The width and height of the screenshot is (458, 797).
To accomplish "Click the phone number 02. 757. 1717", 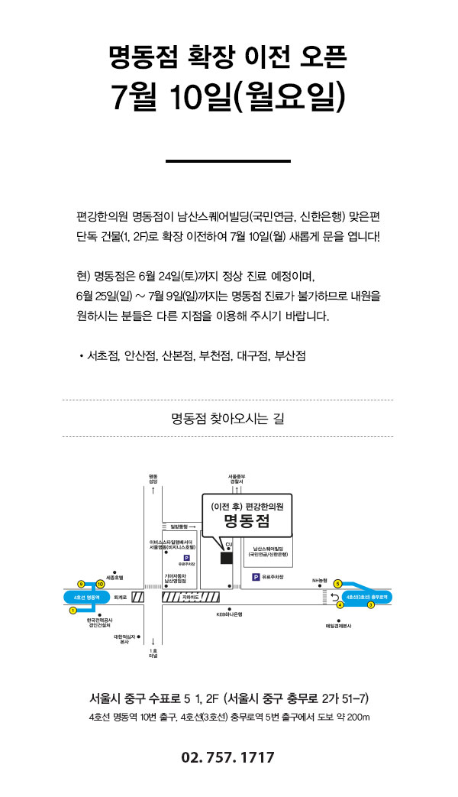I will click(x=227, y=758).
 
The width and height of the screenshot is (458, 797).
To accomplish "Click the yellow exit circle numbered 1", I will click(x=73, y=610).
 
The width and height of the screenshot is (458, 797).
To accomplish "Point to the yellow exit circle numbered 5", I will click(x=338, y=584).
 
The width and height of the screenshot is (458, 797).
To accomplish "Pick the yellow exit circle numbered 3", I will click(x=371, y=604).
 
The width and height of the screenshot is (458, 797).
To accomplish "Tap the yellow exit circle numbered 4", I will click(x=340, y=604).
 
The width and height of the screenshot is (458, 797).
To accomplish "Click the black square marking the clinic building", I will click(x=227, y=557).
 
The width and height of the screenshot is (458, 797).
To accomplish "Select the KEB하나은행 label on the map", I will click(x=229, y=614).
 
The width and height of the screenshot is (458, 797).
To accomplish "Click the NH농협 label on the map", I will click(x=319, y=581).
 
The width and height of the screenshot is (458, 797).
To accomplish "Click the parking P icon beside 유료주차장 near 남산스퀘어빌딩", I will click(x=256, y=577).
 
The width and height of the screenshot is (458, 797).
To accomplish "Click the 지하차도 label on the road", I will click(x=191, y=595).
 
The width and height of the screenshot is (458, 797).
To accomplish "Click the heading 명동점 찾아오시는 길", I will click(x=227, y=418).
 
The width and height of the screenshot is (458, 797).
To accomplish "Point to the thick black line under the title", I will click(x=228, y=161).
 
